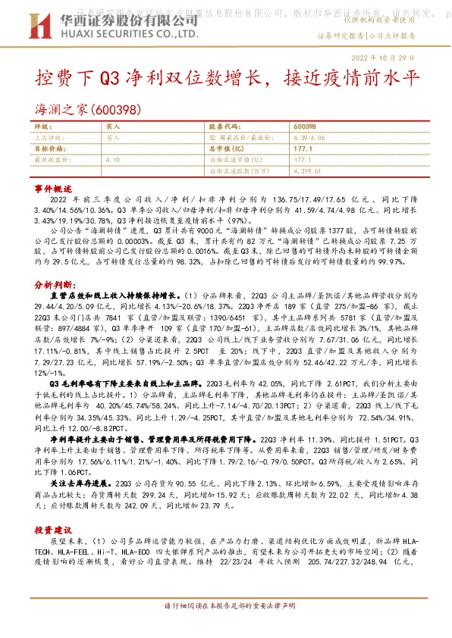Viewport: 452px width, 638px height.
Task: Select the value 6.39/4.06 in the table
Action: [x=309, y=138]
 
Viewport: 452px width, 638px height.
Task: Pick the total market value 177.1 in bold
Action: [x=303, y=149]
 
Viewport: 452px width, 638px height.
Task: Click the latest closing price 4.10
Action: [x=114, y=161]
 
